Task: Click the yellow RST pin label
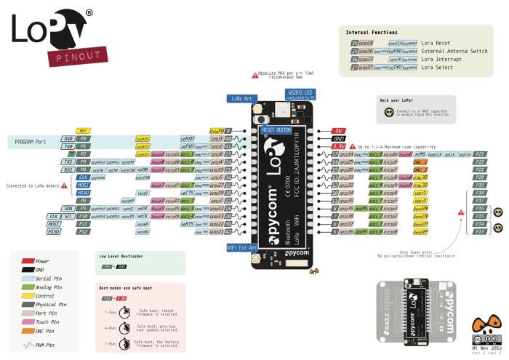(x=84, y=130)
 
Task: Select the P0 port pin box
(x=84, y=137)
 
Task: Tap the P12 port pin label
(x=84, y=231)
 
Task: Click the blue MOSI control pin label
(x=84, y=185)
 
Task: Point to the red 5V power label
(x=338, y=130)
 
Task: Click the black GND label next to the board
(x=338, y=138)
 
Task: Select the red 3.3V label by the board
(x=338, y=146)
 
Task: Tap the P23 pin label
(x=479, y=154)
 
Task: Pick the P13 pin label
(x=479, y=231)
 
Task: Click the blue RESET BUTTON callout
(x=276, y=129)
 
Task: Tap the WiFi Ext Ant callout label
(x=243, y=247)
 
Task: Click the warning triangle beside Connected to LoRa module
(x=68, y=185)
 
